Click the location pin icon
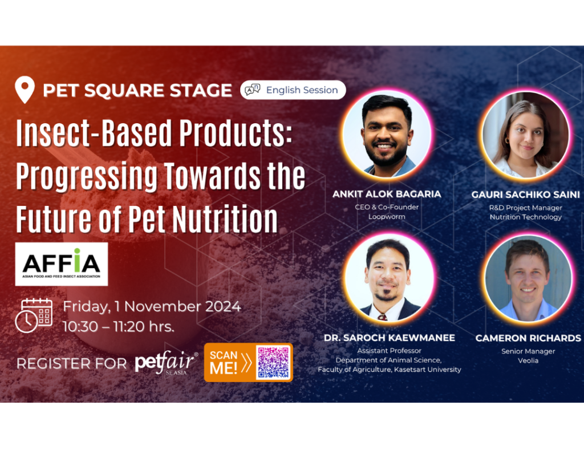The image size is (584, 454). point(25,90)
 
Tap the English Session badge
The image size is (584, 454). point(293,90)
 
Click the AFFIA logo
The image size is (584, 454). point(62,264)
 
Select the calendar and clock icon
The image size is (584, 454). point(34,315)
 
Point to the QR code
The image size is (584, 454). point(273,362)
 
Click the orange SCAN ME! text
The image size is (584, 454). point(224,362)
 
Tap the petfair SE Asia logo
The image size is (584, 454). point(166,362)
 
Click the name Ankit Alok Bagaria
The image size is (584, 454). point(387,194)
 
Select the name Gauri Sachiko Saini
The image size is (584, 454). point(525,194)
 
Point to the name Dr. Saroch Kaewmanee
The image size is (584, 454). point(389,338)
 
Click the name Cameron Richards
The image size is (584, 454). point(528,338)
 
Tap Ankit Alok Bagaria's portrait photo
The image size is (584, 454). point(387,134)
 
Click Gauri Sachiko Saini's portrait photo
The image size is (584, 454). point(525,134)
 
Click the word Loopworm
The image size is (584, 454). point(387,217)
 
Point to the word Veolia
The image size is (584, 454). point(528,360)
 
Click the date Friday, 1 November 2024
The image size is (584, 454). point(152,306)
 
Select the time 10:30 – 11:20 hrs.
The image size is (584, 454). point(119,327)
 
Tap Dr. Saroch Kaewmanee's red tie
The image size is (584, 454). point(382,317)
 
